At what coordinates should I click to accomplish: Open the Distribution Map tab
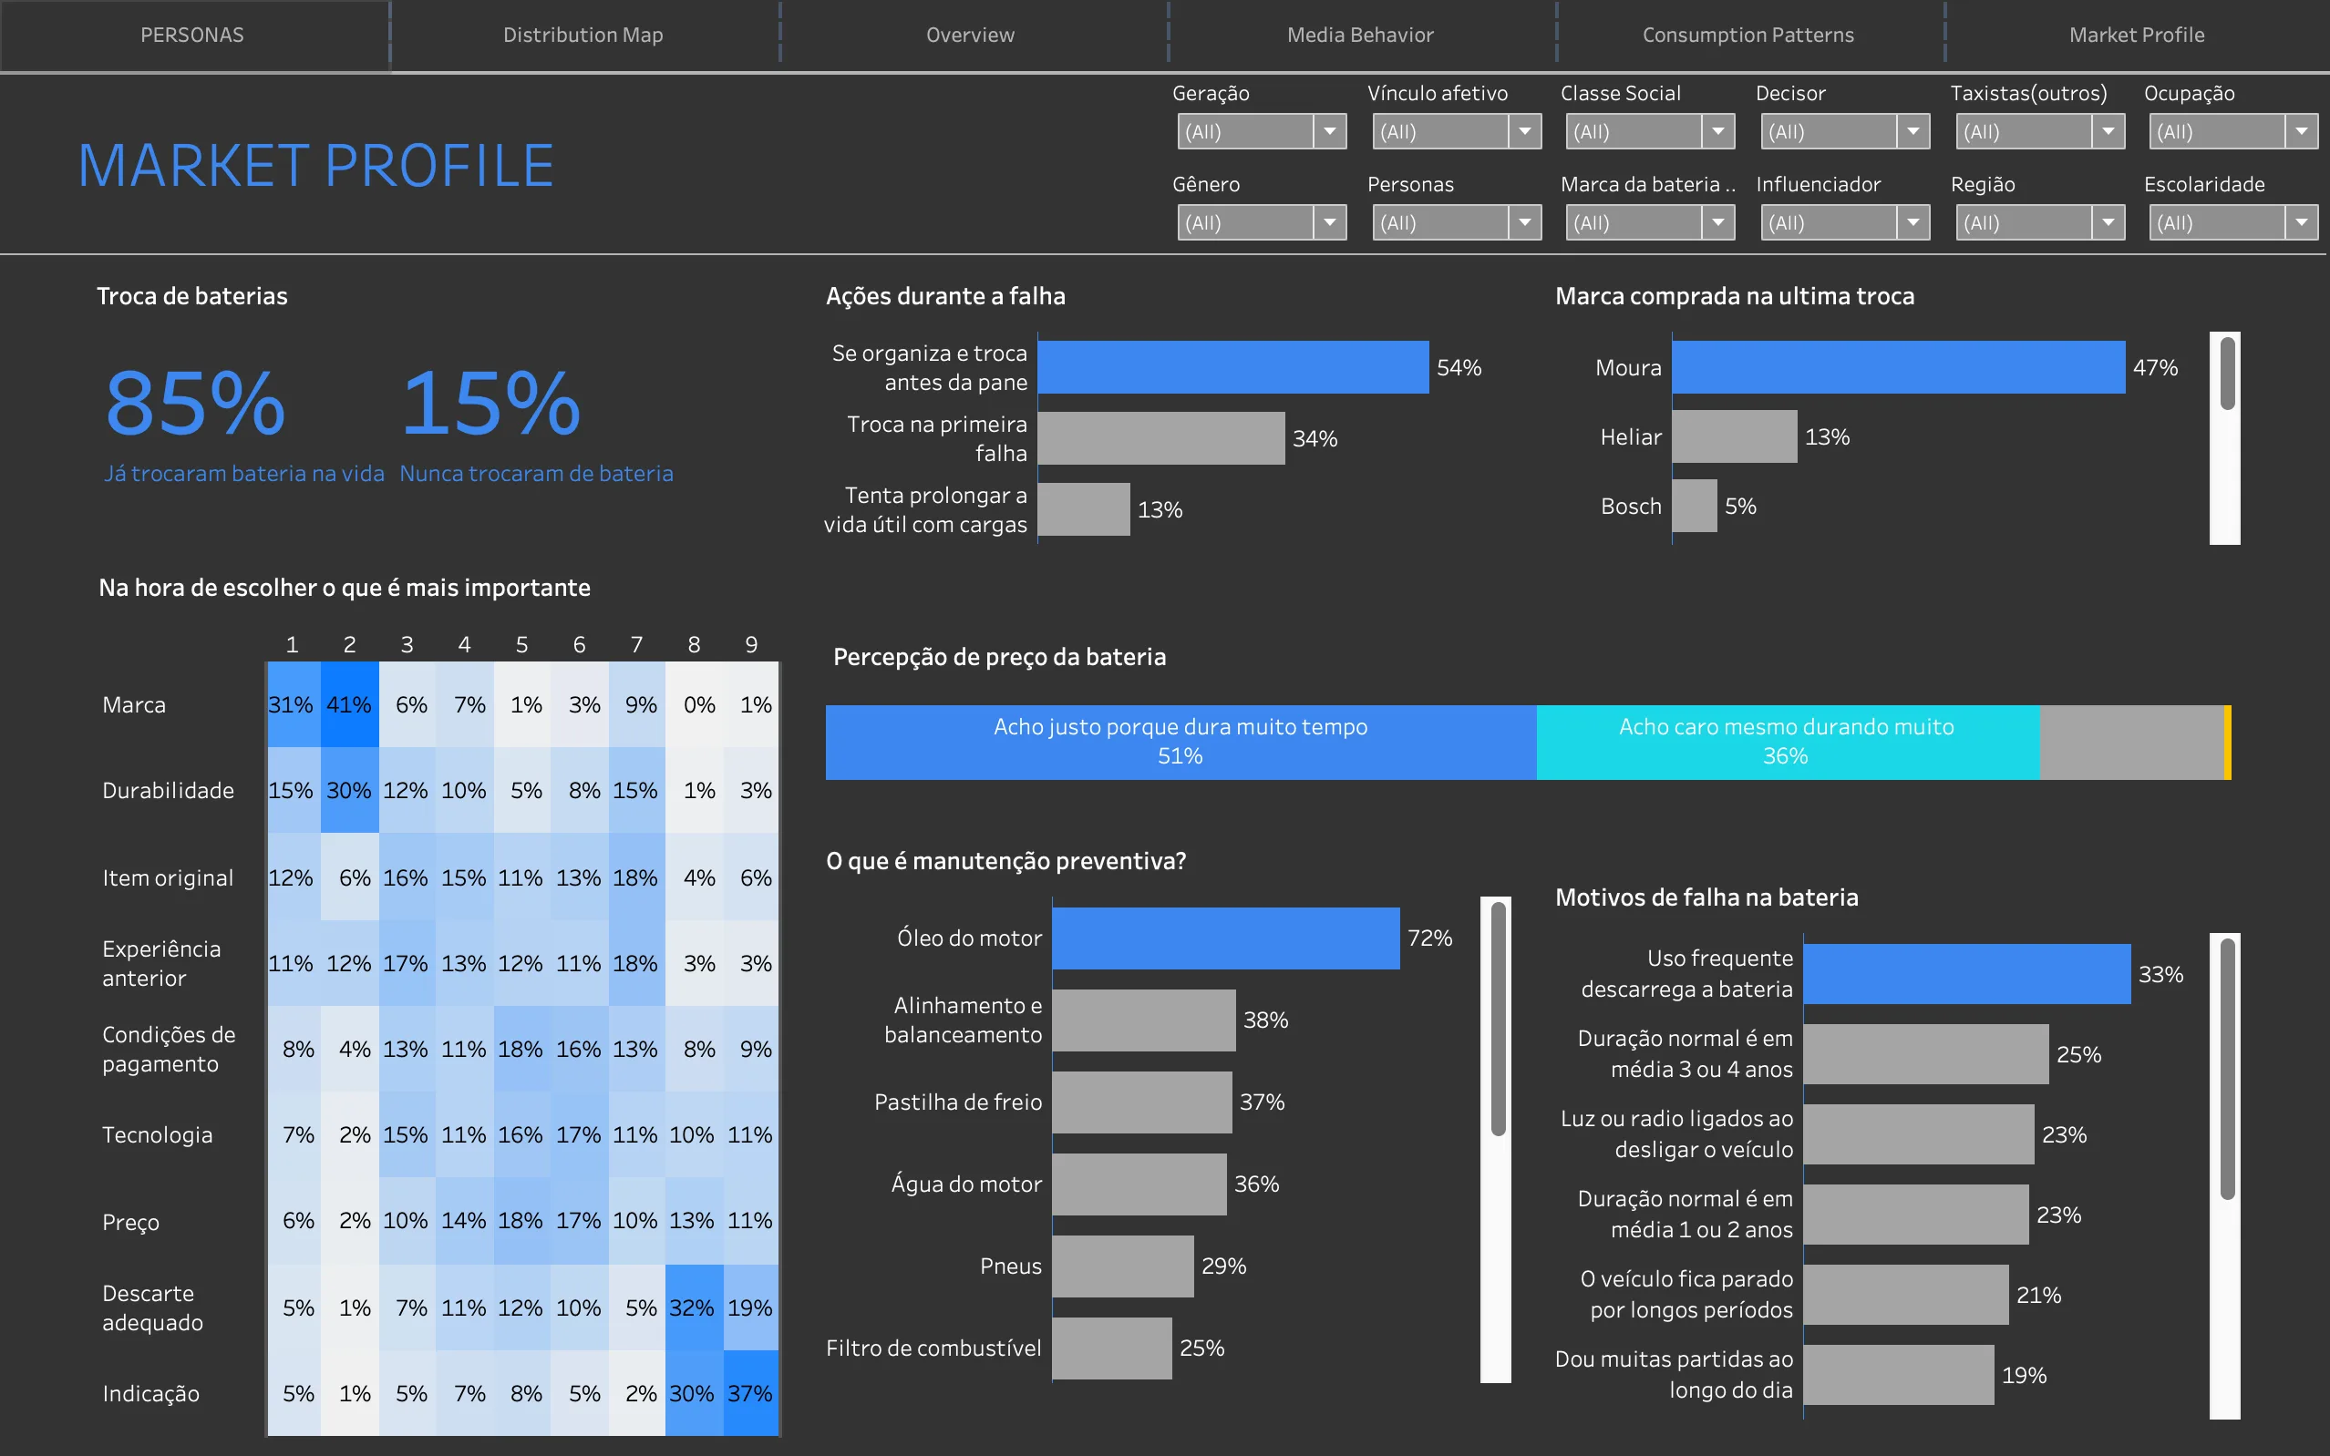click(x=582, y=36)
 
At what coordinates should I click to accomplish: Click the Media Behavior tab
click(x=1360, y=36)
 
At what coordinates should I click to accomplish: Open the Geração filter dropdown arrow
click(x=1329, y=132)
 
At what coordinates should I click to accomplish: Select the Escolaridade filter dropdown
click(x=2232, y=223)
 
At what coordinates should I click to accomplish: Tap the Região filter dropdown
click(x=2038, y=223)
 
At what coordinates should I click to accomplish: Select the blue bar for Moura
click(x=1898, y=367)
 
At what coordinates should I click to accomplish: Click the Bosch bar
click(x=1695, y=506)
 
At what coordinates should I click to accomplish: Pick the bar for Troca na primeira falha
click(x=1160, y=438)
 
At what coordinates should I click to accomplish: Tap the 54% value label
click(x=1459, y=368)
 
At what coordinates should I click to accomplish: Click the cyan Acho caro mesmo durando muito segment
click(x=1787, y=742)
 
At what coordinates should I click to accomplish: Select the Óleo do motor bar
click(x=1225, y=938)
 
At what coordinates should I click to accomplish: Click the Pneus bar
click(x=1122, y=1266)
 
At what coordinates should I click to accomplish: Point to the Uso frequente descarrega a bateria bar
click(x=1966, y=974)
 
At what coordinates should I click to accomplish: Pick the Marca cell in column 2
click(x=349, y=705)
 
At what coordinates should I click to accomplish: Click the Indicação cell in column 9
click(x=750, y=1393)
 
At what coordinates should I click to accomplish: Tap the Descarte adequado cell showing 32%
click(x=693, y=1307)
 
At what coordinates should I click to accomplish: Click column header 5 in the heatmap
click(x=521, y=644)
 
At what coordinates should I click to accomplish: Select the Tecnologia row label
click(x=157, y=1135)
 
